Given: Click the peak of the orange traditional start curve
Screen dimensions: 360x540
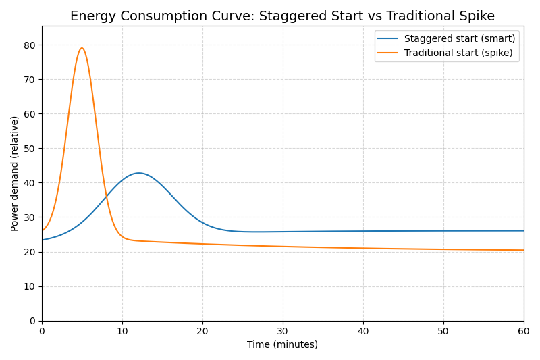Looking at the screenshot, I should (x=82, y=48).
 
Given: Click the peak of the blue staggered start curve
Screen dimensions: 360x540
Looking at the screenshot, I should (x=139, y=173).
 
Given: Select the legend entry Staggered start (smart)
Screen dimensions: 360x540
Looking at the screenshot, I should (x=459, y=39).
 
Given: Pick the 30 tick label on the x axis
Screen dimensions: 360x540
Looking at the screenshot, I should (x=283, y=331).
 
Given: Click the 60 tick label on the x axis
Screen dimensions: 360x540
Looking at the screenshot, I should (x=523, y=331).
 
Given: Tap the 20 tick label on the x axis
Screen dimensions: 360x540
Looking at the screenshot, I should (x=202, y=331).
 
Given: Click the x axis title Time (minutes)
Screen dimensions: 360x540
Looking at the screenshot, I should (x=282, y=344).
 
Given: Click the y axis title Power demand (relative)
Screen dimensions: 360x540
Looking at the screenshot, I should (x=15, y=174).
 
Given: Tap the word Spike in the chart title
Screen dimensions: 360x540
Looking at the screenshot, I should (x=477, y=16).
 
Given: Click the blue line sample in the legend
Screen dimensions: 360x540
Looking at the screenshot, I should (x=389, y=39).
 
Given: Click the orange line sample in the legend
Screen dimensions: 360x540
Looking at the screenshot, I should (x=389, y=53).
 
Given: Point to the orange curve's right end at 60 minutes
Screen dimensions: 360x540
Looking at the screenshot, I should (x=523, y=250).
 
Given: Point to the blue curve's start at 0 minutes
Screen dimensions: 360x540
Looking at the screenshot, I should (x=43, y=240).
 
